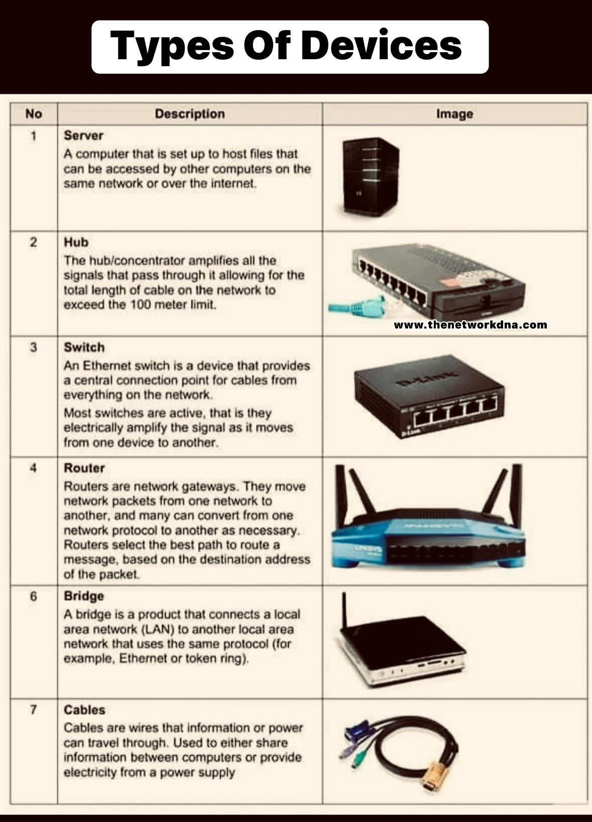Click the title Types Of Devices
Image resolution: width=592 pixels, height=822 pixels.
coord(286,46)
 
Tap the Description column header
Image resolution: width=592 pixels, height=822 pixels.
coord(190,114)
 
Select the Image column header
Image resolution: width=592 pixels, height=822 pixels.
coord(454,114)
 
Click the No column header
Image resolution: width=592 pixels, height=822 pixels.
coord(34,114)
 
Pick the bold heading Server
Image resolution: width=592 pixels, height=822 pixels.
coord(83,135)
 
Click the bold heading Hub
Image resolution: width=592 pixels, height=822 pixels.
coord(76,242)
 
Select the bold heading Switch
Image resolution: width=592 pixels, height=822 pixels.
coord(84,347)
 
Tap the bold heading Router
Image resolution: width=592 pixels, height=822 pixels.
coord(84,468)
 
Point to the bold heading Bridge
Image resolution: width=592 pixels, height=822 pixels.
coord(84,596)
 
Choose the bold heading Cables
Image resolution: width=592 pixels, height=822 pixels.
coord(84,710)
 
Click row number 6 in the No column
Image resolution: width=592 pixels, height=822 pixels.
coord(34,597)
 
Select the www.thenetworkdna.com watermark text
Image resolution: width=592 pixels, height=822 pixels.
coord(470,325)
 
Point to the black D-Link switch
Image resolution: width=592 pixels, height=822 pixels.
coord(429,396)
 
